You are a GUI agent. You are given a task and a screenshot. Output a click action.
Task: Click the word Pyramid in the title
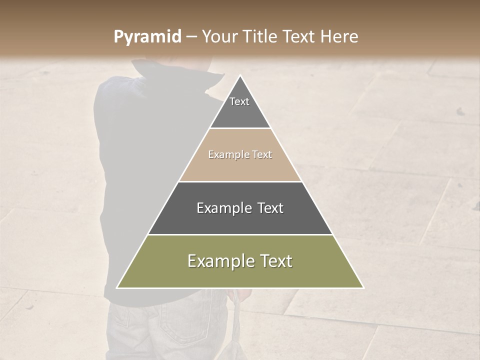click(x=147, y=37)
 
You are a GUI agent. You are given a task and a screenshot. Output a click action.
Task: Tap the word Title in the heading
click(x=261, y=36)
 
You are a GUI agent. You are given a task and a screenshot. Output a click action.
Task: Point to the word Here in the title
click(x=339, y=36)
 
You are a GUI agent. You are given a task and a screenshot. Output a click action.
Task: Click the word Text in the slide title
click(x=299, y=36)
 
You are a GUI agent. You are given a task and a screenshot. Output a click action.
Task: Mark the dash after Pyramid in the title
click(x=191, y=37)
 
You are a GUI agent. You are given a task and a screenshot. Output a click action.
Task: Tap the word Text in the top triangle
click(x=239, y=101)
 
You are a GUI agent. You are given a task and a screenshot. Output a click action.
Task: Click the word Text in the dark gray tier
click(x=270, y=208)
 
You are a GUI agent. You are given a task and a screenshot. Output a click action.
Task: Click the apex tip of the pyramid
click(x=240, y=76)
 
